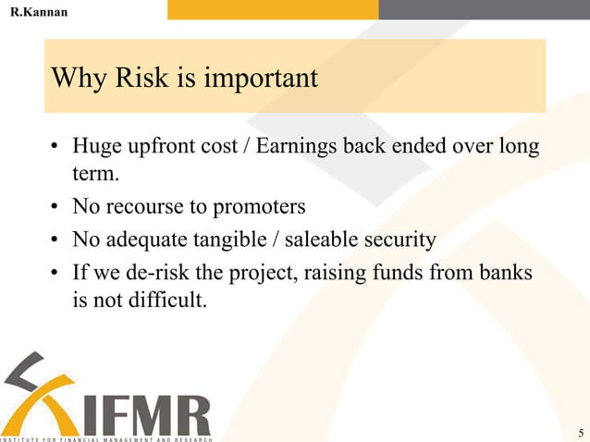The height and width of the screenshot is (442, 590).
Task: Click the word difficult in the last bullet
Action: pos(159,300)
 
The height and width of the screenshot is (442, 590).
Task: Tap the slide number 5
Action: pos(580,432)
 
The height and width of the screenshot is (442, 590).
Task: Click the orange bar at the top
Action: pos(273,9)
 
